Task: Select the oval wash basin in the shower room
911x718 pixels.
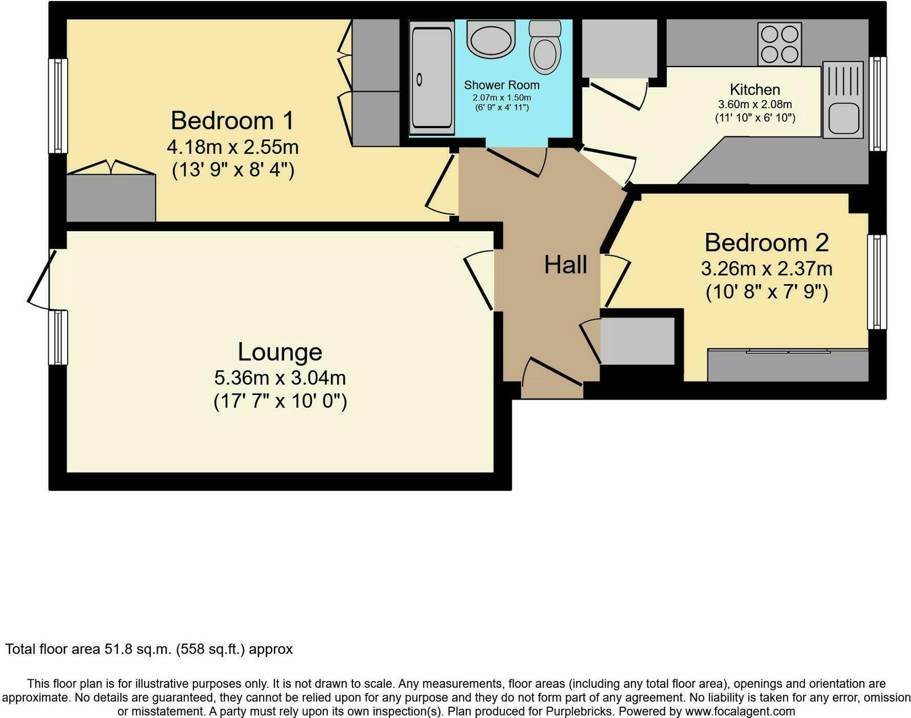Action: click(491, 39)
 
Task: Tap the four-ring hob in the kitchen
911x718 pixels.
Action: click(779, 44)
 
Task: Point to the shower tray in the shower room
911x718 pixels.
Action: click(432, 77)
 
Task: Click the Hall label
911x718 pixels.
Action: click(565, 265)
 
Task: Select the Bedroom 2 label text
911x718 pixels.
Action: click(766, 243)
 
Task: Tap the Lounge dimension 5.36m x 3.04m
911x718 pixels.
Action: click(280, 378)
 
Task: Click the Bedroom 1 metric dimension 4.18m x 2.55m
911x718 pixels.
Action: click(232, 147)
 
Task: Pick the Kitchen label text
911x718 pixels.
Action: click(754, 89)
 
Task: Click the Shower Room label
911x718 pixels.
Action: click(501, 85)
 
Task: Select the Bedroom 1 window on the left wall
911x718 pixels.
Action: click(58, 106)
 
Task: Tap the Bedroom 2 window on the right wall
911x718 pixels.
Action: click(877, 282)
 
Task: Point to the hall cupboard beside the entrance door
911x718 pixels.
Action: click(637, 341)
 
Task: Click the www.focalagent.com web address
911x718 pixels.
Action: click(740, 711)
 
